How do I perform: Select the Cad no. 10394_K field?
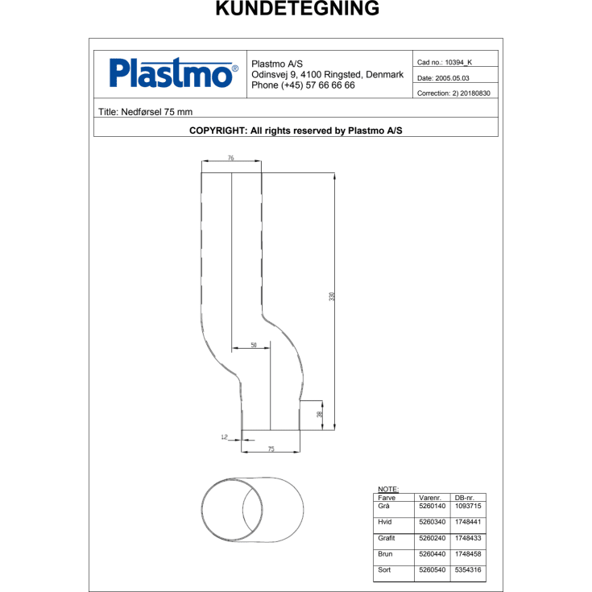click(x=445, y=62)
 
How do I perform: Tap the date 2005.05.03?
click(x=443, y=78)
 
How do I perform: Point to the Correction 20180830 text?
click(x=453, y=93)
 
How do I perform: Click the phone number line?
click(x=304, y=85)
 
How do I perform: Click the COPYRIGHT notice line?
click(x=296, y=129)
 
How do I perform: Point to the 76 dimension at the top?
click(x=230, y=159)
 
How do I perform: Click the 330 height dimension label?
click(x=331, y=296)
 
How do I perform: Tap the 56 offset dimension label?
click(x=254, y=345)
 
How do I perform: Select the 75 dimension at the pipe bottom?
click(x=271, y=449)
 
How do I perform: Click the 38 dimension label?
click(x=319, y=414)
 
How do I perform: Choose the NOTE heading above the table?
click(x=387, y=489)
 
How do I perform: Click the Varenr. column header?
click(x=430, y=498)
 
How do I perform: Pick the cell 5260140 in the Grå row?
click(x=432, y=506)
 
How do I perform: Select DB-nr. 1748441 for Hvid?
click(x=468, y=522)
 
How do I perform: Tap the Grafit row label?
click(x=387, y=538)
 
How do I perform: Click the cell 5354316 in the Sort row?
click(x=468, y=570)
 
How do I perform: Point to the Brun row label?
click(x=384, y=554)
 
